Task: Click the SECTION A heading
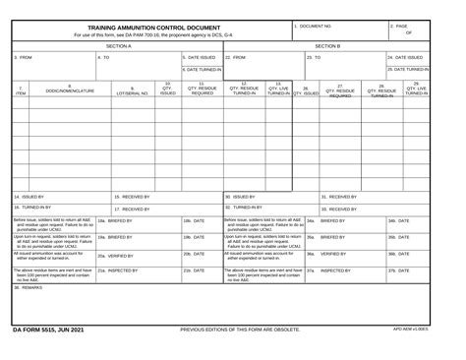pos(118,45)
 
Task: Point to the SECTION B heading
pos(327,45)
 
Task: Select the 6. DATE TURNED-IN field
pos(204,70)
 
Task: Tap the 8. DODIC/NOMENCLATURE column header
pos(70,91)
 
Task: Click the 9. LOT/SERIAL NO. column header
pos(132,92)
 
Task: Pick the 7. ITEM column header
pos(21,91)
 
